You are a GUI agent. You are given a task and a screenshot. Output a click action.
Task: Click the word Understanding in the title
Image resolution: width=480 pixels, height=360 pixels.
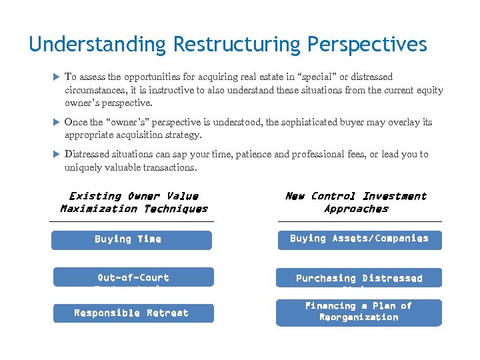pyautogui.click(x=98, y=45)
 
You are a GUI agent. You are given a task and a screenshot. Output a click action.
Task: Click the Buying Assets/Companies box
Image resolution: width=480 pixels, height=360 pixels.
pyautogui.click(x=359, y=239)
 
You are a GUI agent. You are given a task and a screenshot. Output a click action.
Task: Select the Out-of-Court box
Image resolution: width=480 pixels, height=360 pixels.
pyautogui.click(x=133, y=277)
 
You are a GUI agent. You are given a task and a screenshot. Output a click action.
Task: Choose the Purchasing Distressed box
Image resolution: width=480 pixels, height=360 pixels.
pyautogui.click(x=359, y=278)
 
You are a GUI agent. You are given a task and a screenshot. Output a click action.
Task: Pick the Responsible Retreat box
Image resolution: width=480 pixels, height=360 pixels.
pyautogui.click(x=133, y=313)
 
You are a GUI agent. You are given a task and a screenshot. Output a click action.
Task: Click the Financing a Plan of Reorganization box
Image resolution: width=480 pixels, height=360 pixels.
pyautogui.click(x=359, y=312)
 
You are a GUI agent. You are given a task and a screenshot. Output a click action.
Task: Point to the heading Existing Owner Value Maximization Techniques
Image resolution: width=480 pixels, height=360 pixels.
pyautogui.click(x=133, y=202)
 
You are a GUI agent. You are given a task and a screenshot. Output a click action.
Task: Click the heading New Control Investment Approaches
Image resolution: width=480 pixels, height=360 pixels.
pyautogui.click(x=356, y=202)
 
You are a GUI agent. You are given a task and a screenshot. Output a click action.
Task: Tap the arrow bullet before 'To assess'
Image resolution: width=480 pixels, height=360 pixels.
pyautogui.click(x=56, y=77)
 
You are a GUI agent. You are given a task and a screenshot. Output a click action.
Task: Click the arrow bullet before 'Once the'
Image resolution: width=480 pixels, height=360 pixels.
pyautogui.click(x=56, y=123)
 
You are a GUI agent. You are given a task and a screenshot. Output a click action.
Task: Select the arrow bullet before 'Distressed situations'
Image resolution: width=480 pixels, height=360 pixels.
pyautogui.click(x=56, y=155)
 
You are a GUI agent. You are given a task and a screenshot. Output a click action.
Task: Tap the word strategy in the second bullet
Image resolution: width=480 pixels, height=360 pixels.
pyautogui.click(x=183, y=135)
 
